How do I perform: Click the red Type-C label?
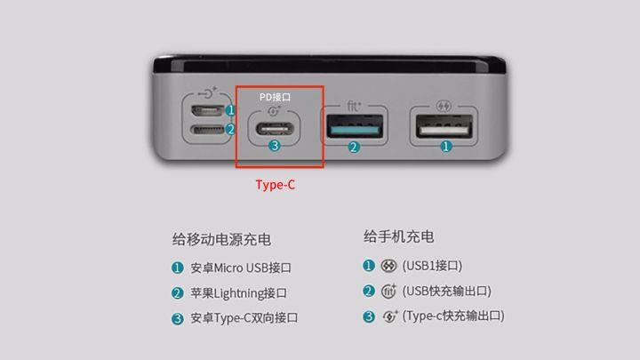(275, 185)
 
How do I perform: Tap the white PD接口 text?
(275, 96)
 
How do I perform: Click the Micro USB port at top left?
(208, 111)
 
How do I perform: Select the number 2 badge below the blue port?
(354, 148)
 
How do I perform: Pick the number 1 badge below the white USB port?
(446, 147)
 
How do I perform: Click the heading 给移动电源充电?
(221, 239)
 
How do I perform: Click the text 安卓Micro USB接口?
(241, 268)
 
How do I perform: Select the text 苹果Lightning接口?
(238, 292)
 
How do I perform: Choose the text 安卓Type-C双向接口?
(244, 317)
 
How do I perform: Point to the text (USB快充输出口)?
(446, 291)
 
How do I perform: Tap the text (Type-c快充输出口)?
(453, 316)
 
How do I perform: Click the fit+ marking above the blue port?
(354, 106)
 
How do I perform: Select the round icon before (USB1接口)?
(388, 266)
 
